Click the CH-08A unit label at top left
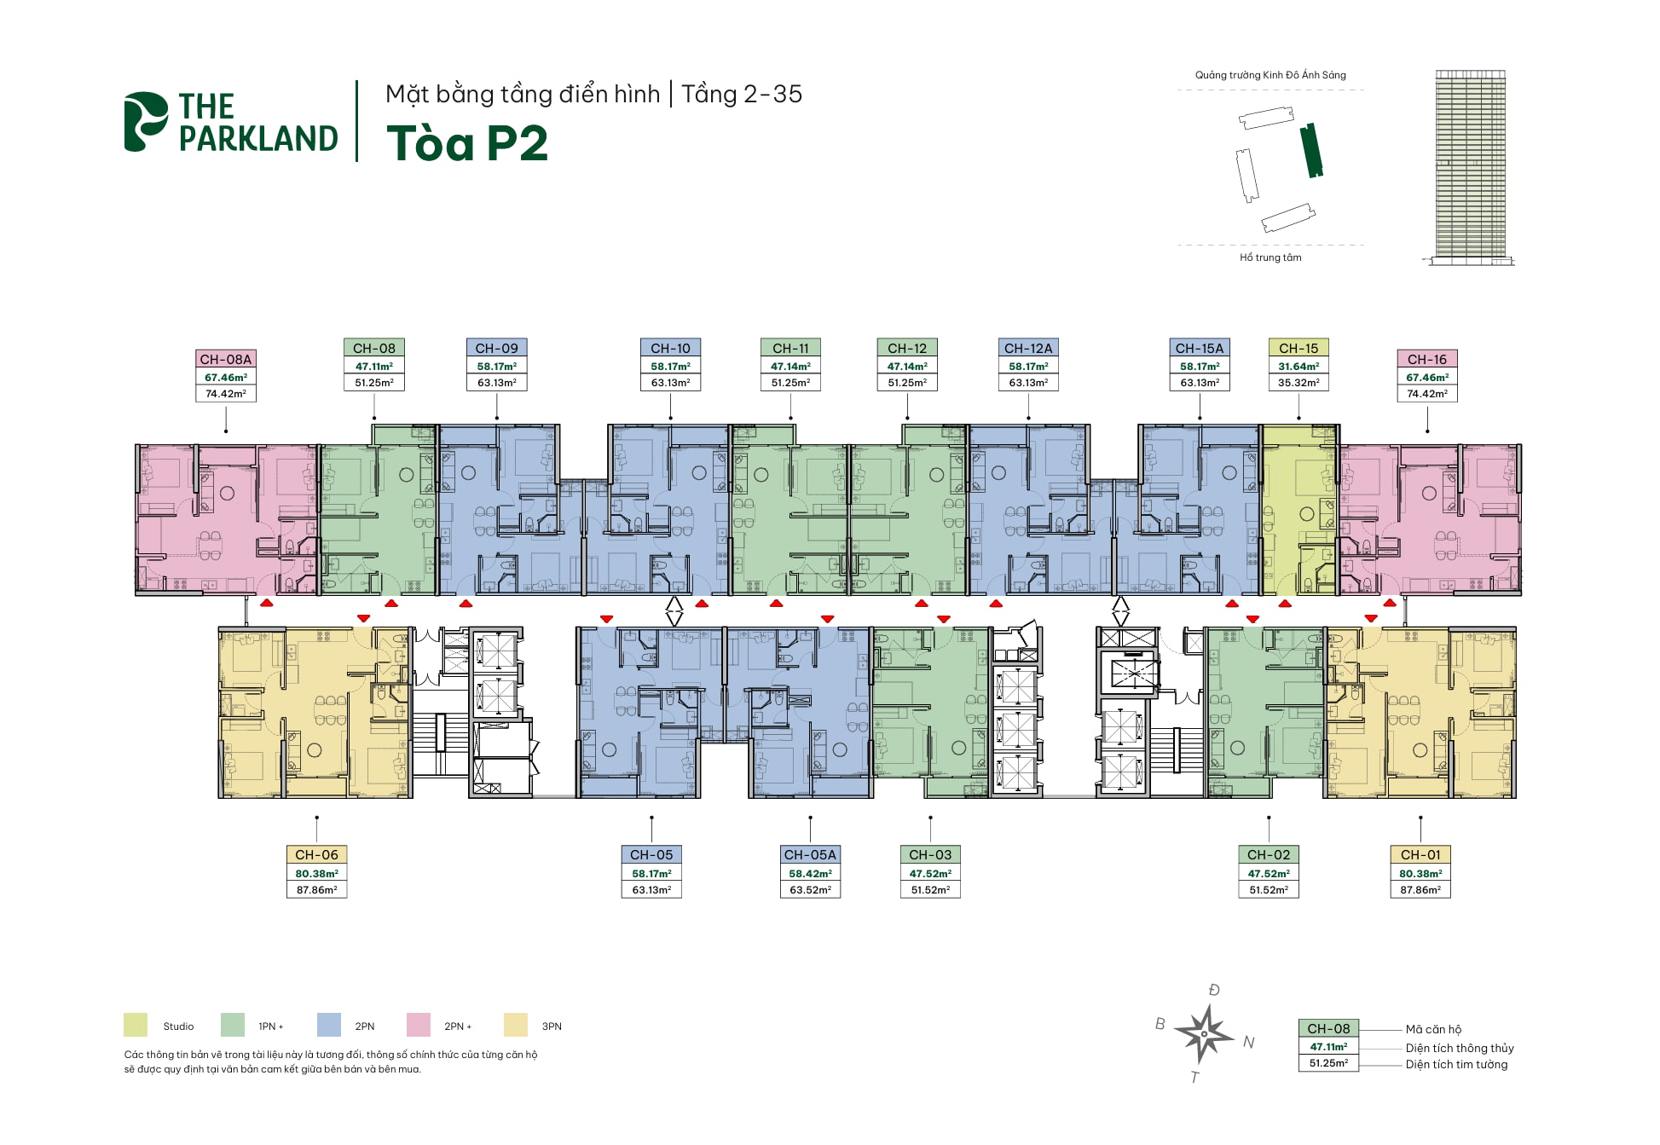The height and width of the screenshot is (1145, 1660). tap(226, 359)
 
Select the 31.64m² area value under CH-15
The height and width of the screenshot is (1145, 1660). tap(1299, 367)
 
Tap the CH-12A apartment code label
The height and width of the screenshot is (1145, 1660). tap(1028, 348)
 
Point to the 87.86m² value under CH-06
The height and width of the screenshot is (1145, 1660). tap(316, 890)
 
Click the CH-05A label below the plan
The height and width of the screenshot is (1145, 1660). tap(810, 854)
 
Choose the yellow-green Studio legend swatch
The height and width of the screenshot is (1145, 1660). tap(136, 1025)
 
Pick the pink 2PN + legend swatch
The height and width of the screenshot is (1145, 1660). tap(419, 1025)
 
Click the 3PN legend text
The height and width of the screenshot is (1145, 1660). tap(552, 1026)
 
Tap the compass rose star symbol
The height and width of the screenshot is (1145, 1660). tap(1203, 1033)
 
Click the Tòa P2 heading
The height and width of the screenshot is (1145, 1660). tap(467, 143)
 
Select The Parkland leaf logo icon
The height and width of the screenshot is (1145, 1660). tap(146, 122)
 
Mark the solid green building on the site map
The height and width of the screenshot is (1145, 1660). tap(1311, 150)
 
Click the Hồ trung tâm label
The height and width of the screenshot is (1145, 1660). tap(1270, 257)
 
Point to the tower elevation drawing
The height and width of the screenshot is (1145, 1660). tap(1471, 166)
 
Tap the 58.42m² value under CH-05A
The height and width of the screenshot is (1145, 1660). tap(810, 874)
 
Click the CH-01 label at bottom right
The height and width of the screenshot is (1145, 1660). tap(1420, 854)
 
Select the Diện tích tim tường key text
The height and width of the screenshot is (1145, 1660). tap(1456, 1065)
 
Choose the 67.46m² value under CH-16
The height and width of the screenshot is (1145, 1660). tap(1427, 378)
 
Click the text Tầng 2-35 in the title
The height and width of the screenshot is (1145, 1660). tap(742, 94)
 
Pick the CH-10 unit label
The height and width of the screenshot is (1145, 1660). tap(670, 348)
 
